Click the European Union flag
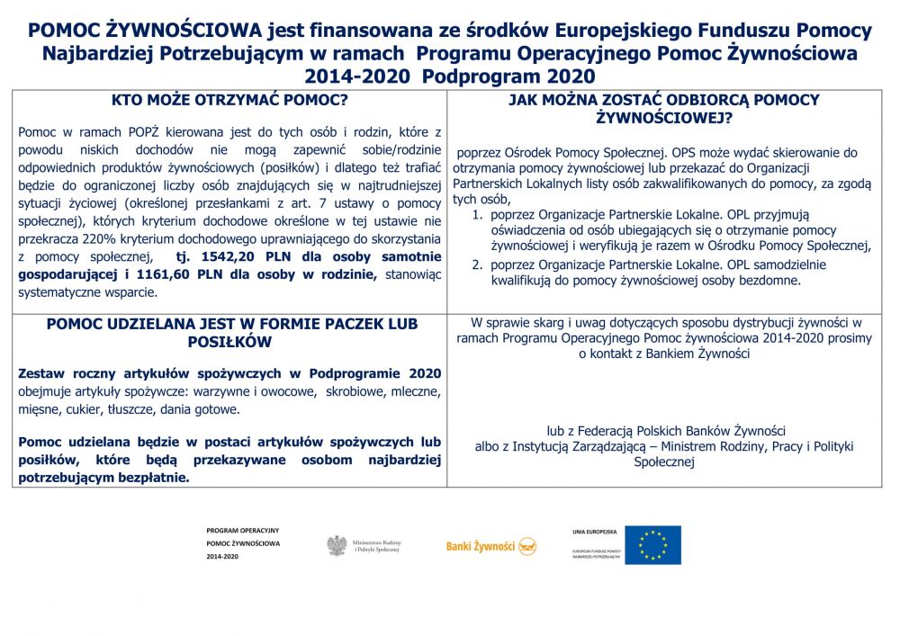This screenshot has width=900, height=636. pyautogui.click(x=652, y=545)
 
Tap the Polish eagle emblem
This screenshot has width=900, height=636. pyautogui.click(x=337, y=545)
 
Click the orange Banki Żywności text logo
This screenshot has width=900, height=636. pyautogui.click(x=480, y=546)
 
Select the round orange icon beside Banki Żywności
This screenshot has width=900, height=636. pyautogui.click(x=527, y=546)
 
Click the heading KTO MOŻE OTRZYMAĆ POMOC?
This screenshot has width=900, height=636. pyautogui.click(x=229, y=101)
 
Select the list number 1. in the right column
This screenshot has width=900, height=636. pyautogui.click(x=478, y=215)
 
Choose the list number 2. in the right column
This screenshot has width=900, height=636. pyautogui.click(x=478, y=264)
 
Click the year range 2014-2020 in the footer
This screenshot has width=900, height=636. pyautogui.click(x=222, y=557)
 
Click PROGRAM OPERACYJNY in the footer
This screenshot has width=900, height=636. pyautogui.click(x=243, y=531)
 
